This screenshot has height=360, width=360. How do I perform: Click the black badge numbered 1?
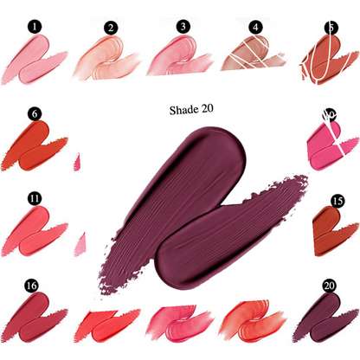click(x=33, y=28)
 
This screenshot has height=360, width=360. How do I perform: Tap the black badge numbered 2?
click(x=110, y=28)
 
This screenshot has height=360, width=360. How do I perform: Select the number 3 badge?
click(x=183, y=28)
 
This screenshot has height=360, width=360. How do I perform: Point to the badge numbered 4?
click(x=255, y=28)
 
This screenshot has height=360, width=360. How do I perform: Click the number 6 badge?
click(x=34, y=113)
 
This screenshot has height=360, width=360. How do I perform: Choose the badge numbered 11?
click(x=34, y=198)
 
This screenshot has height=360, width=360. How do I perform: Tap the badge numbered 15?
click(x=337, y=201)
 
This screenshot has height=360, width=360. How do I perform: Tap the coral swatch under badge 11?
click(x=35, y=229)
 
